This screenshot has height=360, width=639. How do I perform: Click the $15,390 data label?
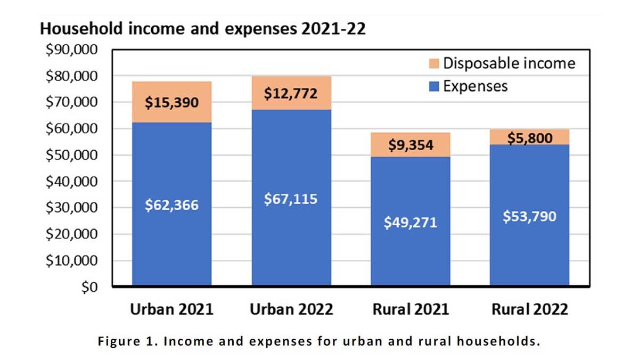171,102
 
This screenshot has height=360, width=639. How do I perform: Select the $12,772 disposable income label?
291,93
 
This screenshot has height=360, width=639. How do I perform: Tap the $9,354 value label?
410,144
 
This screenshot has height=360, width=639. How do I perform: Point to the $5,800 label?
529,137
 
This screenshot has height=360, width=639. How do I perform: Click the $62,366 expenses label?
171,206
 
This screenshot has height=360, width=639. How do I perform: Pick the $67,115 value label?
291,199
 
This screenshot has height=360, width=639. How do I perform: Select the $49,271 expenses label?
410,222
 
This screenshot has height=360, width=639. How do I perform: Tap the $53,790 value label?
529,216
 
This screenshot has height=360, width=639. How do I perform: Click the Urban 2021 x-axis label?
171,309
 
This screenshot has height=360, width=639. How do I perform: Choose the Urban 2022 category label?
291,309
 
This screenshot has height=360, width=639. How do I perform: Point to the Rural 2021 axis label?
410,309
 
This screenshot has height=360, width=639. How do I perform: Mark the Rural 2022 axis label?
529,309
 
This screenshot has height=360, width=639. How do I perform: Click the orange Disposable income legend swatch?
434,64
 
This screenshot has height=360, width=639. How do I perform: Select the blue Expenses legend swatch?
434,86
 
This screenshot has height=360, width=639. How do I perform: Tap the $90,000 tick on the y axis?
72,50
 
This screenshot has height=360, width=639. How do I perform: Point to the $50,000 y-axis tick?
72,156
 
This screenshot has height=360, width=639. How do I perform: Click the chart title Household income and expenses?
202,29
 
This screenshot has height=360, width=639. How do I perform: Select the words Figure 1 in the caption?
120,342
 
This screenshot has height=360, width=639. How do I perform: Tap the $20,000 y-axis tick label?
72,234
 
